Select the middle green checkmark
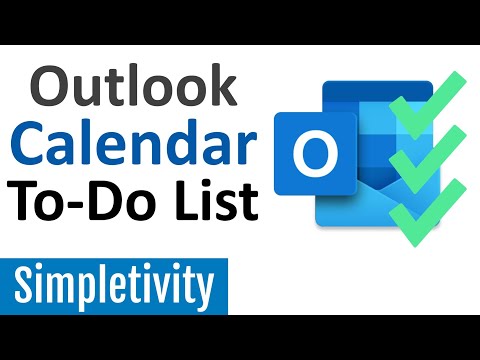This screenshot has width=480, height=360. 420,160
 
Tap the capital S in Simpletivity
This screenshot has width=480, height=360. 29,287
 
